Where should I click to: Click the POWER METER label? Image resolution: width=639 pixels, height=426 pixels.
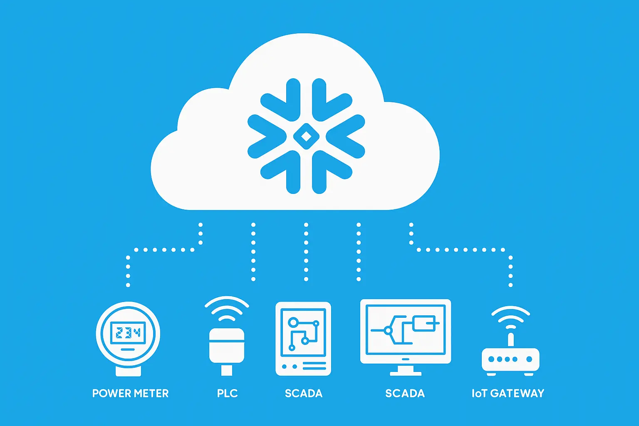coord(130,393)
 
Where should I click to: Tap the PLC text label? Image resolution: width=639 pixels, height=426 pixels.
coord(227,393)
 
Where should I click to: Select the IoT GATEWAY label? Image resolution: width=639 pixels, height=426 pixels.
coord(508,393)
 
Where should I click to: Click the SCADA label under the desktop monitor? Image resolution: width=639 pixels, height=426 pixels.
coord(405,393)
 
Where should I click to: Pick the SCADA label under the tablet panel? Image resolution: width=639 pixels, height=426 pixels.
coord(303,393)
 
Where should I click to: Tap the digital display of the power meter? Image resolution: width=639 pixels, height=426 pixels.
coord(128,332)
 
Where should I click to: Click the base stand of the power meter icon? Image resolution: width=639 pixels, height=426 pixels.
coord(128,371)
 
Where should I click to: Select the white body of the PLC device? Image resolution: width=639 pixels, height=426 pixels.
coord(226,345)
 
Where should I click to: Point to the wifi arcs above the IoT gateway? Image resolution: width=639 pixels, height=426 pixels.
coord(510,316)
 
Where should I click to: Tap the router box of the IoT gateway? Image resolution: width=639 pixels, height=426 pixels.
coord(510,359)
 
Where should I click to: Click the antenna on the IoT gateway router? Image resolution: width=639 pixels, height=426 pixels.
coord(510,339)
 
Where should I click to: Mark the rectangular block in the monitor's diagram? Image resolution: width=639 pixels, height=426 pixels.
coord(424,323)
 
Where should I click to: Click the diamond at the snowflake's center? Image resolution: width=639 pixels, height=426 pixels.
coord(306,136)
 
